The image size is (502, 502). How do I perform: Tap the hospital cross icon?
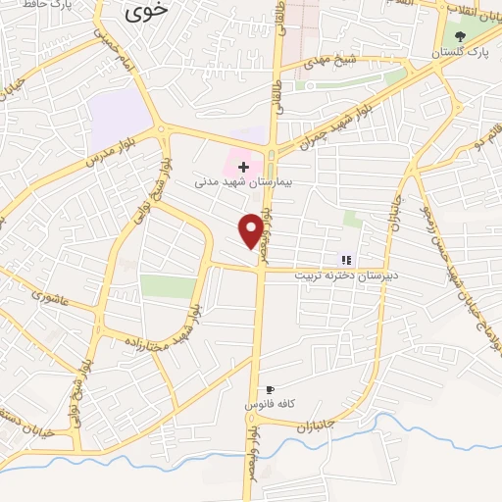coord(243,167)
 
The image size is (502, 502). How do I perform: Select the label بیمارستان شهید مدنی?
coord(235,182)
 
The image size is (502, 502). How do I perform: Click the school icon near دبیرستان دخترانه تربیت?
coord(345,260)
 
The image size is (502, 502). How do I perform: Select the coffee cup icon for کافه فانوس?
coord(270,389)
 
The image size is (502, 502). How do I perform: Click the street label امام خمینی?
coord(113,49)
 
